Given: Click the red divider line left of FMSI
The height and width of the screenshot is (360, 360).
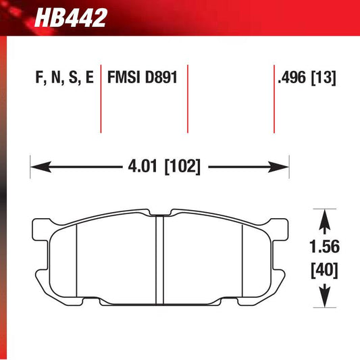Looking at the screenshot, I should [x=101, y=98].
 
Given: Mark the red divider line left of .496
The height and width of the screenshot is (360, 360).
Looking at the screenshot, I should [x=274, y=98].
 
